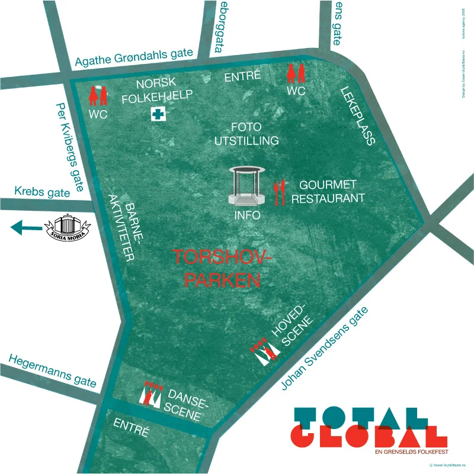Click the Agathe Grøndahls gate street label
(134, 57)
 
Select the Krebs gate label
(42, 192)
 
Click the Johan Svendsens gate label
(329, 349)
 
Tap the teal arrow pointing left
(26, 227)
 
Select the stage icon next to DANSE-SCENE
(150, 394)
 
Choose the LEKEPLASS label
(358, 116)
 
